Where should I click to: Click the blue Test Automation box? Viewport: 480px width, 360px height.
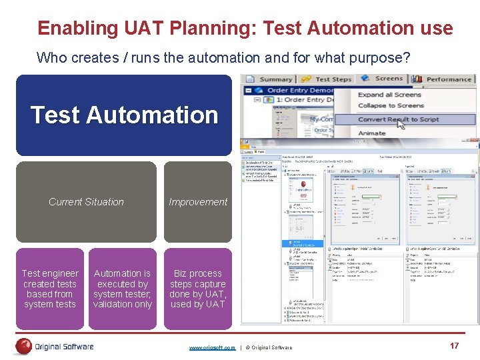point(124,115)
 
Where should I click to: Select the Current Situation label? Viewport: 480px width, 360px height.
point(86,202)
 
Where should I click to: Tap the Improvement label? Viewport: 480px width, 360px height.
point(198,202)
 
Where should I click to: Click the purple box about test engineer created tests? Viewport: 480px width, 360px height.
point(50,289)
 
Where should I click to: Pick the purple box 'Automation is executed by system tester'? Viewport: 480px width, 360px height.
point(123,289)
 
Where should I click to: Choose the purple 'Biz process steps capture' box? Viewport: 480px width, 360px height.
point(198,289)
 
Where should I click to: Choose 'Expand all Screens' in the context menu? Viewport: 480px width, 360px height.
point(390,95)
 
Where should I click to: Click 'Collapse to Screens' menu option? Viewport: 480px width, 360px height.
point(391,105)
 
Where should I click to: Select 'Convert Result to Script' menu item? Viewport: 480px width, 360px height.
point(398,119)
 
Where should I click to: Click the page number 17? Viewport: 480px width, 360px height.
point(455,345)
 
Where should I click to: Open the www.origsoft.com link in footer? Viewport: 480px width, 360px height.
point(212,348)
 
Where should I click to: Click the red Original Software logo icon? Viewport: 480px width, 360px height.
point(24,346)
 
